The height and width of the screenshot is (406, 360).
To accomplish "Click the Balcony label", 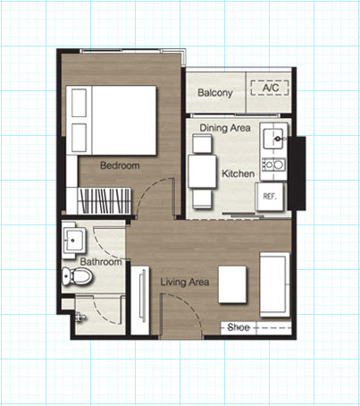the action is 215,93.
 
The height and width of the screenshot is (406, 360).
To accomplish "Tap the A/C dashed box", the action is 270,88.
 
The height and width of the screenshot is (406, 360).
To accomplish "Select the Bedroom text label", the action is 120,165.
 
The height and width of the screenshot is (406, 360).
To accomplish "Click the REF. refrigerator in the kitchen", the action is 270,197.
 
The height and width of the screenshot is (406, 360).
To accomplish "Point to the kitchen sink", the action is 273,139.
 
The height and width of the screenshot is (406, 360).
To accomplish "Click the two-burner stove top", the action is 273,165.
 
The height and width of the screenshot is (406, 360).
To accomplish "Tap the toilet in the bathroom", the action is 77,275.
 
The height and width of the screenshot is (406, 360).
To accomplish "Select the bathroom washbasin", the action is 73,240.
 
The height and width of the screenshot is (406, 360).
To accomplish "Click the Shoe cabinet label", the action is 239,327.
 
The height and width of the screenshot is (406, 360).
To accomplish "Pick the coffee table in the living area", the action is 232,284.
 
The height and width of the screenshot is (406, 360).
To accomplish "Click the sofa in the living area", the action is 275,284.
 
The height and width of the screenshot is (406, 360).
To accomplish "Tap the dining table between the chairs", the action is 202,172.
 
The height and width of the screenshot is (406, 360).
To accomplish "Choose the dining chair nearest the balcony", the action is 202,144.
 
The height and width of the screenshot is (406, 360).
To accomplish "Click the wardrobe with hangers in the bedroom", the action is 105,200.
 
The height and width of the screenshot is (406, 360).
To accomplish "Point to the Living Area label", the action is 185,282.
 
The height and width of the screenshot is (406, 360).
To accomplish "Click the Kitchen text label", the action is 239,173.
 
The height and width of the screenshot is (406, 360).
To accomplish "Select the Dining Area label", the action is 225,128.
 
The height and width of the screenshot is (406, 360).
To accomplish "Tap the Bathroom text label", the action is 101,262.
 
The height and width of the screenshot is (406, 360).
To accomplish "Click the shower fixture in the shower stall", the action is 80,317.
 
